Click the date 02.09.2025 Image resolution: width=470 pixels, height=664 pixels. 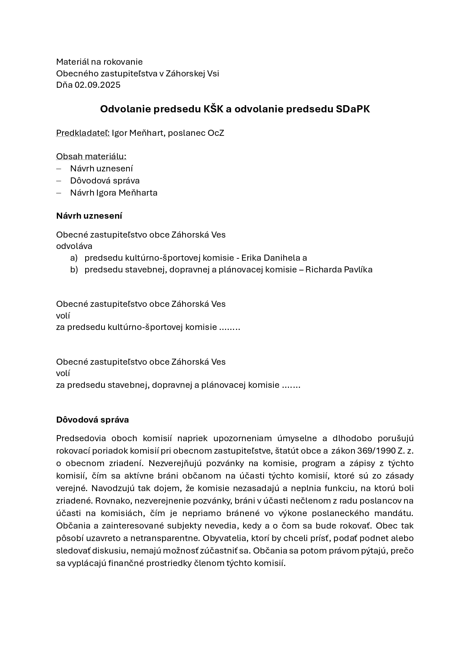pos(97,85)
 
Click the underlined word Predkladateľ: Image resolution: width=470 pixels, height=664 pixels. pos(83,133)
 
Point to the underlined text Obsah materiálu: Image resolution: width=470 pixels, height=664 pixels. pos(91,156)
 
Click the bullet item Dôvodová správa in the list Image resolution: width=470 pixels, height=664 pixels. pos(105,180)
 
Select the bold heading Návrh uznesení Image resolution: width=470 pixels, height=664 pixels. pos(89,216)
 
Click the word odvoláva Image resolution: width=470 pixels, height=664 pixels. pos(74,246)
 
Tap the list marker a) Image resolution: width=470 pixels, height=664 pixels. pos(74,258)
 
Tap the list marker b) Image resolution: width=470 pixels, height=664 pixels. pos(74,269)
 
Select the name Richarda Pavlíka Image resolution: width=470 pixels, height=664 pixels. pos(339,269)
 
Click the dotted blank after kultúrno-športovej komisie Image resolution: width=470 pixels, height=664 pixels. pos(230,327)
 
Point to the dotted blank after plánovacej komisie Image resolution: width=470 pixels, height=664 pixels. pos(291,385)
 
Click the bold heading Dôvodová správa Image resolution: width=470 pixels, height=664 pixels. pos(92,420)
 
